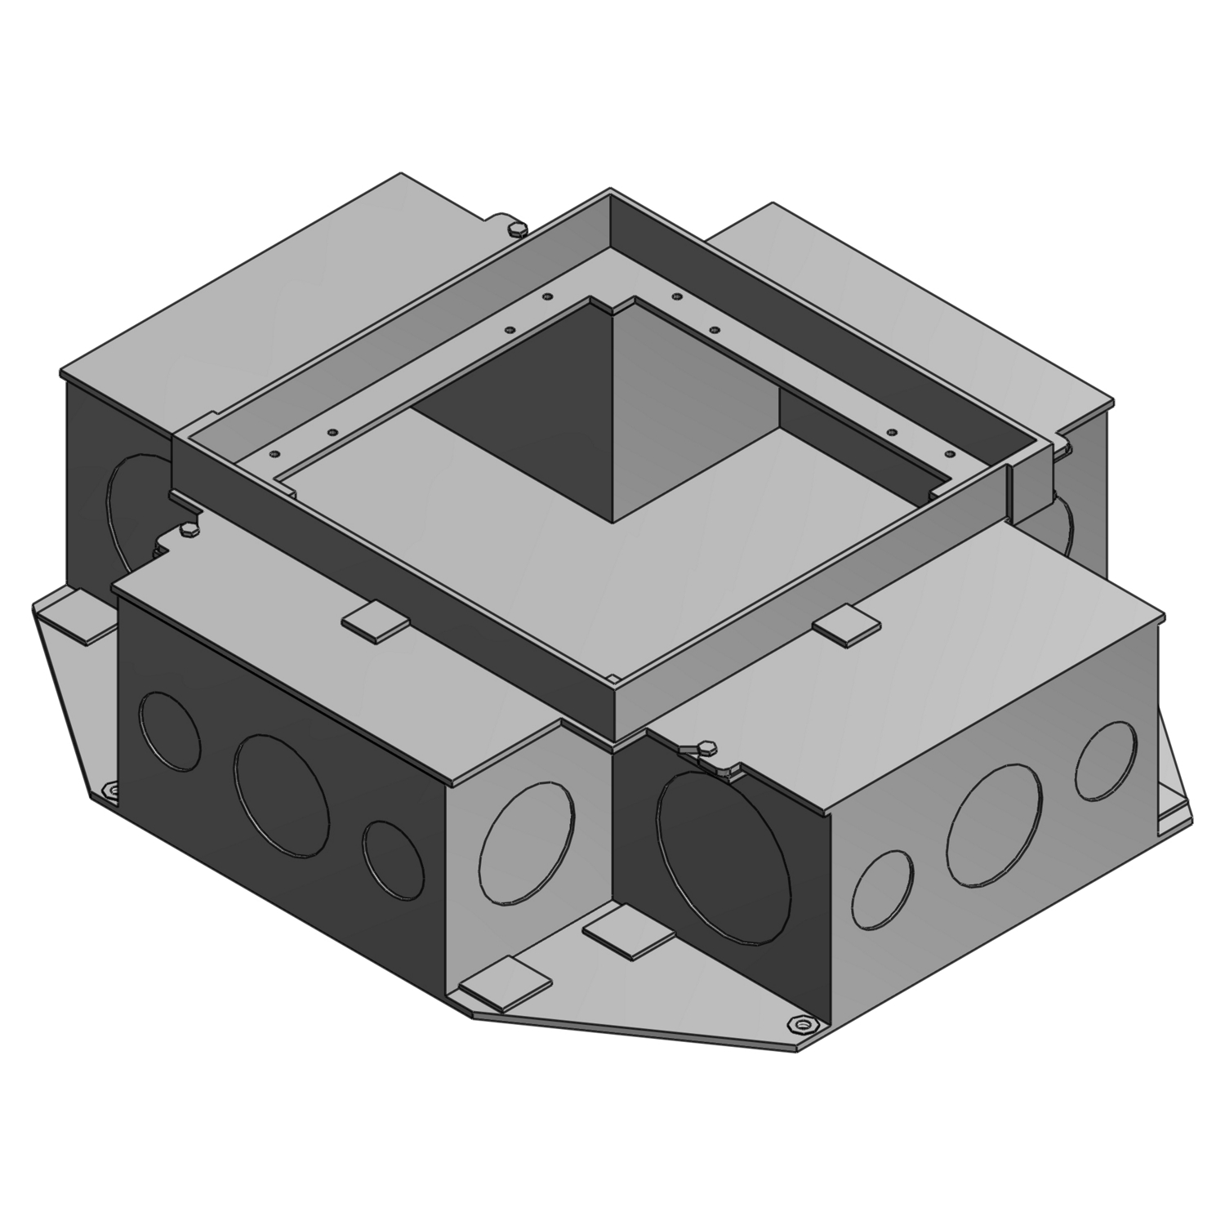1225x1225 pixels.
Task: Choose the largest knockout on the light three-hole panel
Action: pos(995,826)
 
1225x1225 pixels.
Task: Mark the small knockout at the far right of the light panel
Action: pos(1106,759)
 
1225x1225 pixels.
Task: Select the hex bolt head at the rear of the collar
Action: pos(515,229)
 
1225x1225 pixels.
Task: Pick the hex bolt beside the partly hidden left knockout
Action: pos(187,531)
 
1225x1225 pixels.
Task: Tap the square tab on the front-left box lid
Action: pos(375,621)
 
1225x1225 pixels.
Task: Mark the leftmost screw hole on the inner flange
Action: pos(274,453)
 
